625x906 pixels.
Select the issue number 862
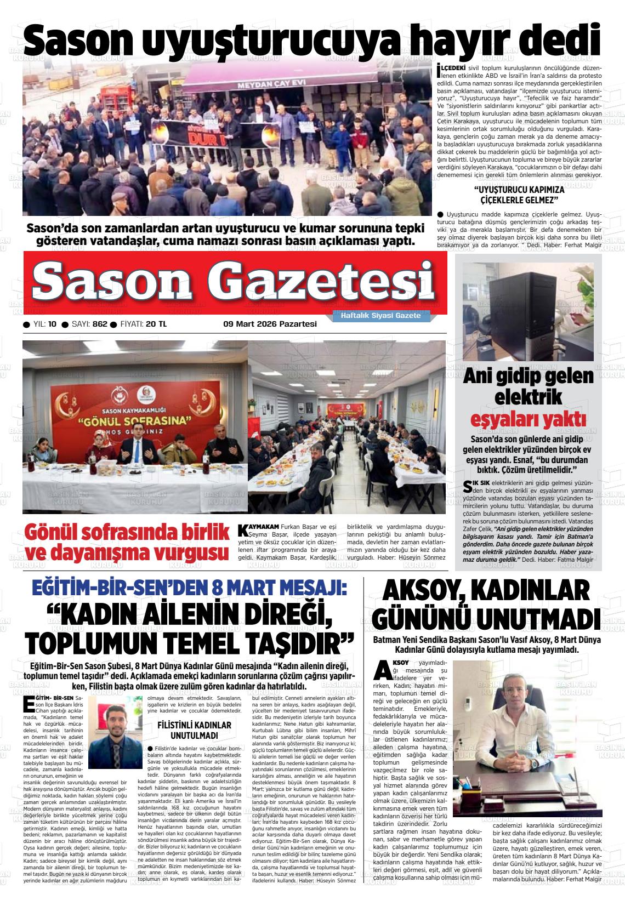coord(100,324)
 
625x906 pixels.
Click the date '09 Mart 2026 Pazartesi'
coord(270,324)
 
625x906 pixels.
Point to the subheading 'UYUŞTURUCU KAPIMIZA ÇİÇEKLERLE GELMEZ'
coord(519,194)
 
